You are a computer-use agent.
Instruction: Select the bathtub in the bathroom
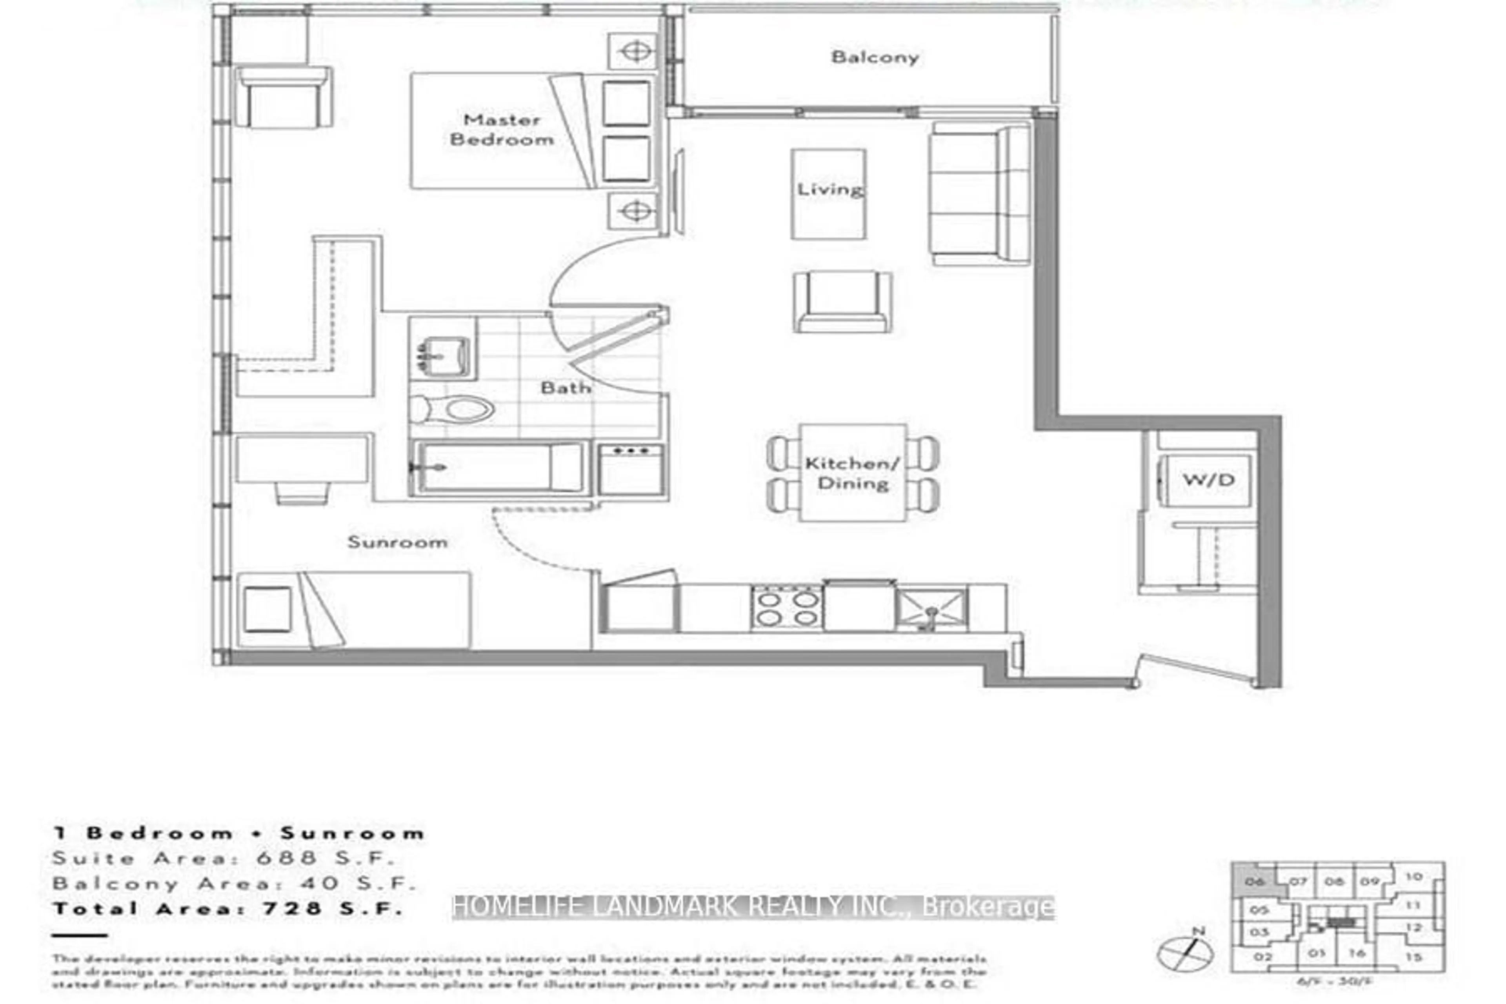(499, 468)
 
